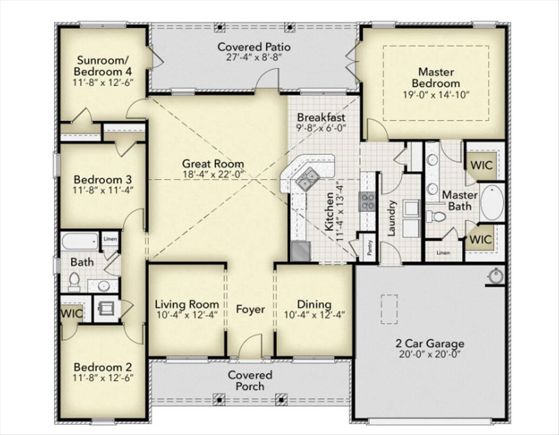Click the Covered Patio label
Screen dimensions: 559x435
tap(254, 47)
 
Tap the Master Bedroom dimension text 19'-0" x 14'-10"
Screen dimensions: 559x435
tap(436, 95)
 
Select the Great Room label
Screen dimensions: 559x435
tap(213, 163)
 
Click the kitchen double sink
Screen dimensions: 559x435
tap(307, 179)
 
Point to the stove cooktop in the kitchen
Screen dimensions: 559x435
tap(367, 202)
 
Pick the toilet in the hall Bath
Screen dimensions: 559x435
tap(74, 282)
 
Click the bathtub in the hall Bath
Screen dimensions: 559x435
tap(80, 241)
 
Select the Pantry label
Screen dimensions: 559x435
tap(370, 247)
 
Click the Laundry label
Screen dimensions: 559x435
tap(391, 218)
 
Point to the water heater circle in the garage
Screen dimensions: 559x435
tap(495, 276)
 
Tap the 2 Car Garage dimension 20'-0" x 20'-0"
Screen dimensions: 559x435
tap(429, 354)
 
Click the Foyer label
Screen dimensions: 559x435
tap(250, 309)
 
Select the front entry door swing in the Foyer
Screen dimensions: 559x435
tap(251, 346)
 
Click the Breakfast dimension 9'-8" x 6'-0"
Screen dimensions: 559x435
tap(321, 128)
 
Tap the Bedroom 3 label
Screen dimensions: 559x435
tap(102, 179)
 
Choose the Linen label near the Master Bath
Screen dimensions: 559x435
tap(443, 252)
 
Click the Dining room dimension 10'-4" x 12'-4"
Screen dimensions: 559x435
tap(314, 315)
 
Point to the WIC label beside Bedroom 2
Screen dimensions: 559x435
tap(72, 313)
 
